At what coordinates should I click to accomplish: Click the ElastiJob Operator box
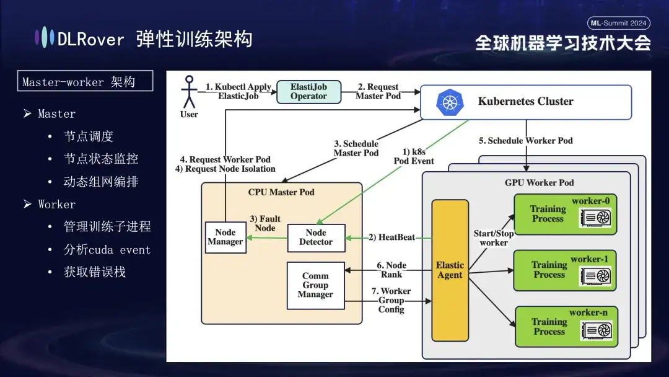[308, 92]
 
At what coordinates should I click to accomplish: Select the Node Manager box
[225, 237]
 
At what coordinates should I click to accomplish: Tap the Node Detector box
[316, 237]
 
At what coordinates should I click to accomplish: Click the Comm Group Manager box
[315, 285]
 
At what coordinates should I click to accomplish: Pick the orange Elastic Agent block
[450, 270]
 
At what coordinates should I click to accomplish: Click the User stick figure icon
[188, 93]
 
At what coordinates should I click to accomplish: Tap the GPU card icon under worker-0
[595, 218]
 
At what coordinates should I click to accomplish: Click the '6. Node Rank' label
[391, 270]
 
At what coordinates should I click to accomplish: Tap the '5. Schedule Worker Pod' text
[525, 141]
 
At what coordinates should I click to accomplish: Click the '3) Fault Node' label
[265, 223]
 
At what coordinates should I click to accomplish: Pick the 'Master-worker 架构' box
[85, 82]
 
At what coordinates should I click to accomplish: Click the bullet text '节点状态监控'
[101, 159]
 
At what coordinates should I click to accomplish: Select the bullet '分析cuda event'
[107, 250]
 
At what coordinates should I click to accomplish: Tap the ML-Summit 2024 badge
[618, 23]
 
